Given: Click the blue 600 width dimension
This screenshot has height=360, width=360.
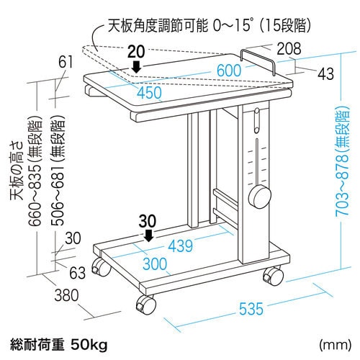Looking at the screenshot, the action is pos(229,71).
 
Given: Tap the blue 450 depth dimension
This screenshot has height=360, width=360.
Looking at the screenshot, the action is pos(149,93).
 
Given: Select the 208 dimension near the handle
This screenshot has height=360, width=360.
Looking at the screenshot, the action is pos(289,49).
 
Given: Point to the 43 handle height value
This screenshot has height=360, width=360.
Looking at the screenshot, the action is pos(325,73).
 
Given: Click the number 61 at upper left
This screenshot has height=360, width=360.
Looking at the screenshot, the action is pos(66,62).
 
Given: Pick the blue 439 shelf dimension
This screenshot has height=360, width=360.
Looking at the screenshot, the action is pos(181,246).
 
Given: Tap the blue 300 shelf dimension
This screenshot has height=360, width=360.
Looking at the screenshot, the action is pos(155,264).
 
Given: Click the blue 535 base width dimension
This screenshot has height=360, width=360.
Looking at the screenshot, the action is pos(251,309).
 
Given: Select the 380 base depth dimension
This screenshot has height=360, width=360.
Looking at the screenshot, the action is pos(66,295).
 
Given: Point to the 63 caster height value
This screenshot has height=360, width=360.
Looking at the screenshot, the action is pos(77,273).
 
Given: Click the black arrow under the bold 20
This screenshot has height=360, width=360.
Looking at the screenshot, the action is pos(137,66).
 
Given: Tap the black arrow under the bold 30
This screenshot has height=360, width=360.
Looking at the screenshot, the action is pos(149,235).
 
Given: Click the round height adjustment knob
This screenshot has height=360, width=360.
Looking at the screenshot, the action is pos(259,197).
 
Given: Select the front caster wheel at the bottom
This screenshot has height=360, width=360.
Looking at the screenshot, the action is pos(145,305).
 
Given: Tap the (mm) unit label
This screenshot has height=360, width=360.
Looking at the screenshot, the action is pos(335,345).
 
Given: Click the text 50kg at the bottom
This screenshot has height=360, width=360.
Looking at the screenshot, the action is pos(89,345).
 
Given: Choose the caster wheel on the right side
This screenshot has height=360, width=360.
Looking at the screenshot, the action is pos(274,276).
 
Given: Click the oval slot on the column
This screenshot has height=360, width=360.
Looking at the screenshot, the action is pos(257,120).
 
